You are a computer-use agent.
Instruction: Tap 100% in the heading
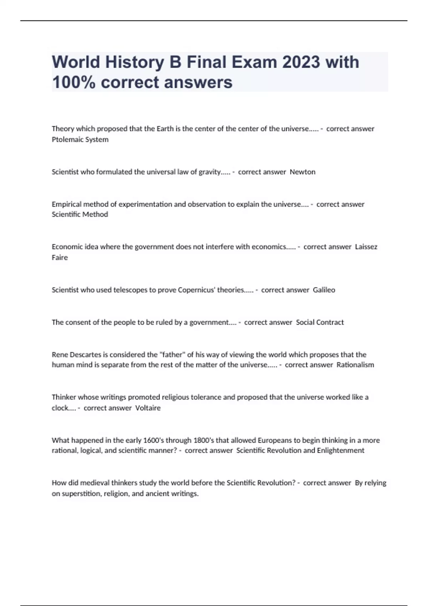pos(74,82)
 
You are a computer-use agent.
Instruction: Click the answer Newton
pos(302,172)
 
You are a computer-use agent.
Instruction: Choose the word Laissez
pos(366,247)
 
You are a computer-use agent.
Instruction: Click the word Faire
pos(60,257)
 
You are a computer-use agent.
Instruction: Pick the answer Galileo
pos(324,290)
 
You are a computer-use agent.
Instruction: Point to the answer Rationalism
pos(355,365)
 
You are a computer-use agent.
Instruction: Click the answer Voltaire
pos(148,408)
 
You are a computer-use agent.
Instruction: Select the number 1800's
pos(203,441)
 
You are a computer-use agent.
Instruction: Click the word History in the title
pos(134,62)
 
